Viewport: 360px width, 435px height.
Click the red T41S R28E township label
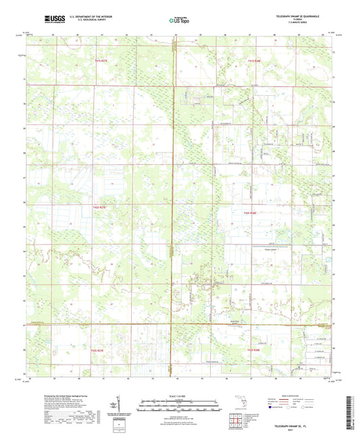pos(254,60)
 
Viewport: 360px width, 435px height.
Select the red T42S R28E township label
pos(251,213)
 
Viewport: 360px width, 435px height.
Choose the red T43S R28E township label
pos(254,349)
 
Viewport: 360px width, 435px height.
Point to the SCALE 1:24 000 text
pos(179,395)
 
